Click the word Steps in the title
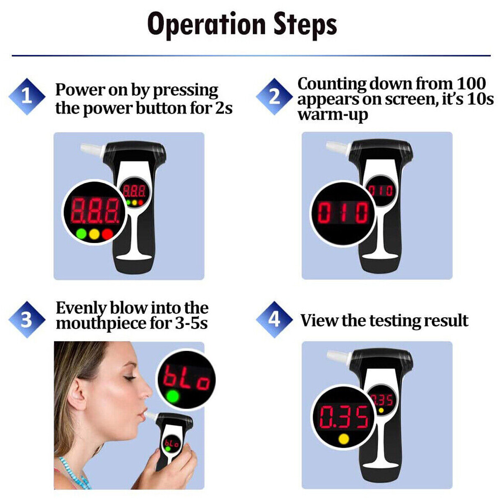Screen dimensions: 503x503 click(x=305, y=24)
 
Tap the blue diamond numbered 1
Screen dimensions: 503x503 click(x=27, y=96)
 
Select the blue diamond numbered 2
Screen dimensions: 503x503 click(x=274, y=96)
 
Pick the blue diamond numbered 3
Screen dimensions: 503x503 click(x=27, y=319)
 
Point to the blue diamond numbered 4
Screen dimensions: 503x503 click(x=274, y=319)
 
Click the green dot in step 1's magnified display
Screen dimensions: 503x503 click(x=81, y=233)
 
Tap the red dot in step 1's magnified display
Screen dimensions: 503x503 click(x=108, y=233)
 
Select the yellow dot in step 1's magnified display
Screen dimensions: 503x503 click(x=95, y=233)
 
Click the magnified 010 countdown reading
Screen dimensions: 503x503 click(x=343, y=213)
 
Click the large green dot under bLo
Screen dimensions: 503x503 click(x=172, y=396)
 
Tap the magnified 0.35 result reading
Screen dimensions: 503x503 click(x=344, y=417)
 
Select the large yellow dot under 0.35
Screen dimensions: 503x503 click(x=343, y=439)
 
